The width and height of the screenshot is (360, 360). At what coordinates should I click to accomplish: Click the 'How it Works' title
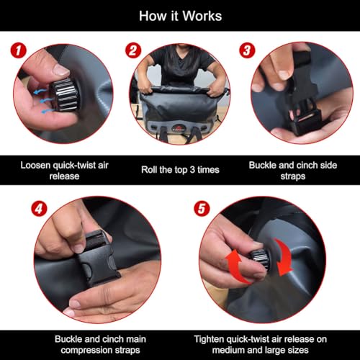180,16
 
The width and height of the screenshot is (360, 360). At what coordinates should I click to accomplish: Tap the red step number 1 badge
18,50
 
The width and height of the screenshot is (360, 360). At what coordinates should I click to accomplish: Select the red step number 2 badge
133,50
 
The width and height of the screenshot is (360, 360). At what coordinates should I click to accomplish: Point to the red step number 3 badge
247,50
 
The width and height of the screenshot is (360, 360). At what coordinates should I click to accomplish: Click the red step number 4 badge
39,208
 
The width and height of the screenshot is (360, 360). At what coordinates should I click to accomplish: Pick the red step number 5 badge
202,208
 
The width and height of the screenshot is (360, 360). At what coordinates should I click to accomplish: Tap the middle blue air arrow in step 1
45,100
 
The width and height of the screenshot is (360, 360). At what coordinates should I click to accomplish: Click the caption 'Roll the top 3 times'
180,170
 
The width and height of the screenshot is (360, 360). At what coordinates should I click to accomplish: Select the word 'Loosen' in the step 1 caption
35,165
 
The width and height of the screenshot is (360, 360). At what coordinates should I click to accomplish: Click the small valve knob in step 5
260,258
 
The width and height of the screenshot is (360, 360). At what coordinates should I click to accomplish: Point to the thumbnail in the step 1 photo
60,70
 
